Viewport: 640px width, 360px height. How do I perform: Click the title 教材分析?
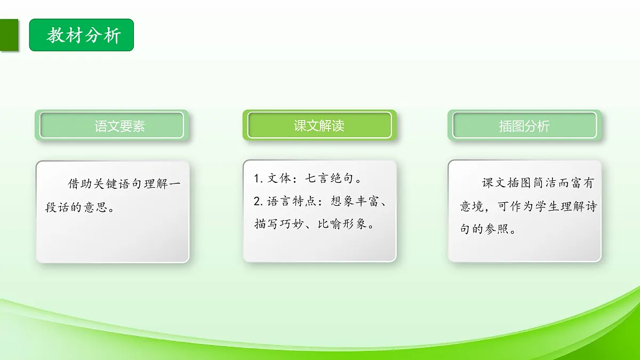(84, 36)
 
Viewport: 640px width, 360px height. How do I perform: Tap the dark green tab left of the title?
(9, 36)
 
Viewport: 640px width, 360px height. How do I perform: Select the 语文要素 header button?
(119, 126)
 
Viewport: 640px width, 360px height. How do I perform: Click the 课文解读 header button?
(319, 126)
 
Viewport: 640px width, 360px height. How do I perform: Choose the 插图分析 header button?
(524, 126)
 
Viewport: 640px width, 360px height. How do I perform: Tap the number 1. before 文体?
(258, 179)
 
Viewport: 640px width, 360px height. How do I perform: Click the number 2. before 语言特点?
(258, 202)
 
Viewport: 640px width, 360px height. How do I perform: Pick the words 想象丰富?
(356, 202)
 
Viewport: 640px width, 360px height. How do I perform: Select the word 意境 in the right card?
(471, 207)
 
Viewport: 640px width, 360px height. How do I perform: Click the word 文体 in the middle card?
(278, 179)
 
